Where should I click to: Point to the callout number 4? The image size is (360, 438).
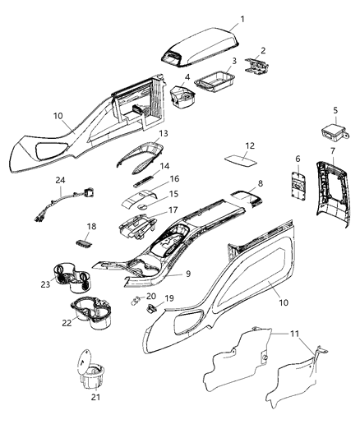coord(187,77)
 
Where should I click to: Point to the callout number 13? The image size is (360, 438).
coord(164,133)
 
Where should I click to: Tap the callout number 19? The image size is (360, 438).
coord(170,299)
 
